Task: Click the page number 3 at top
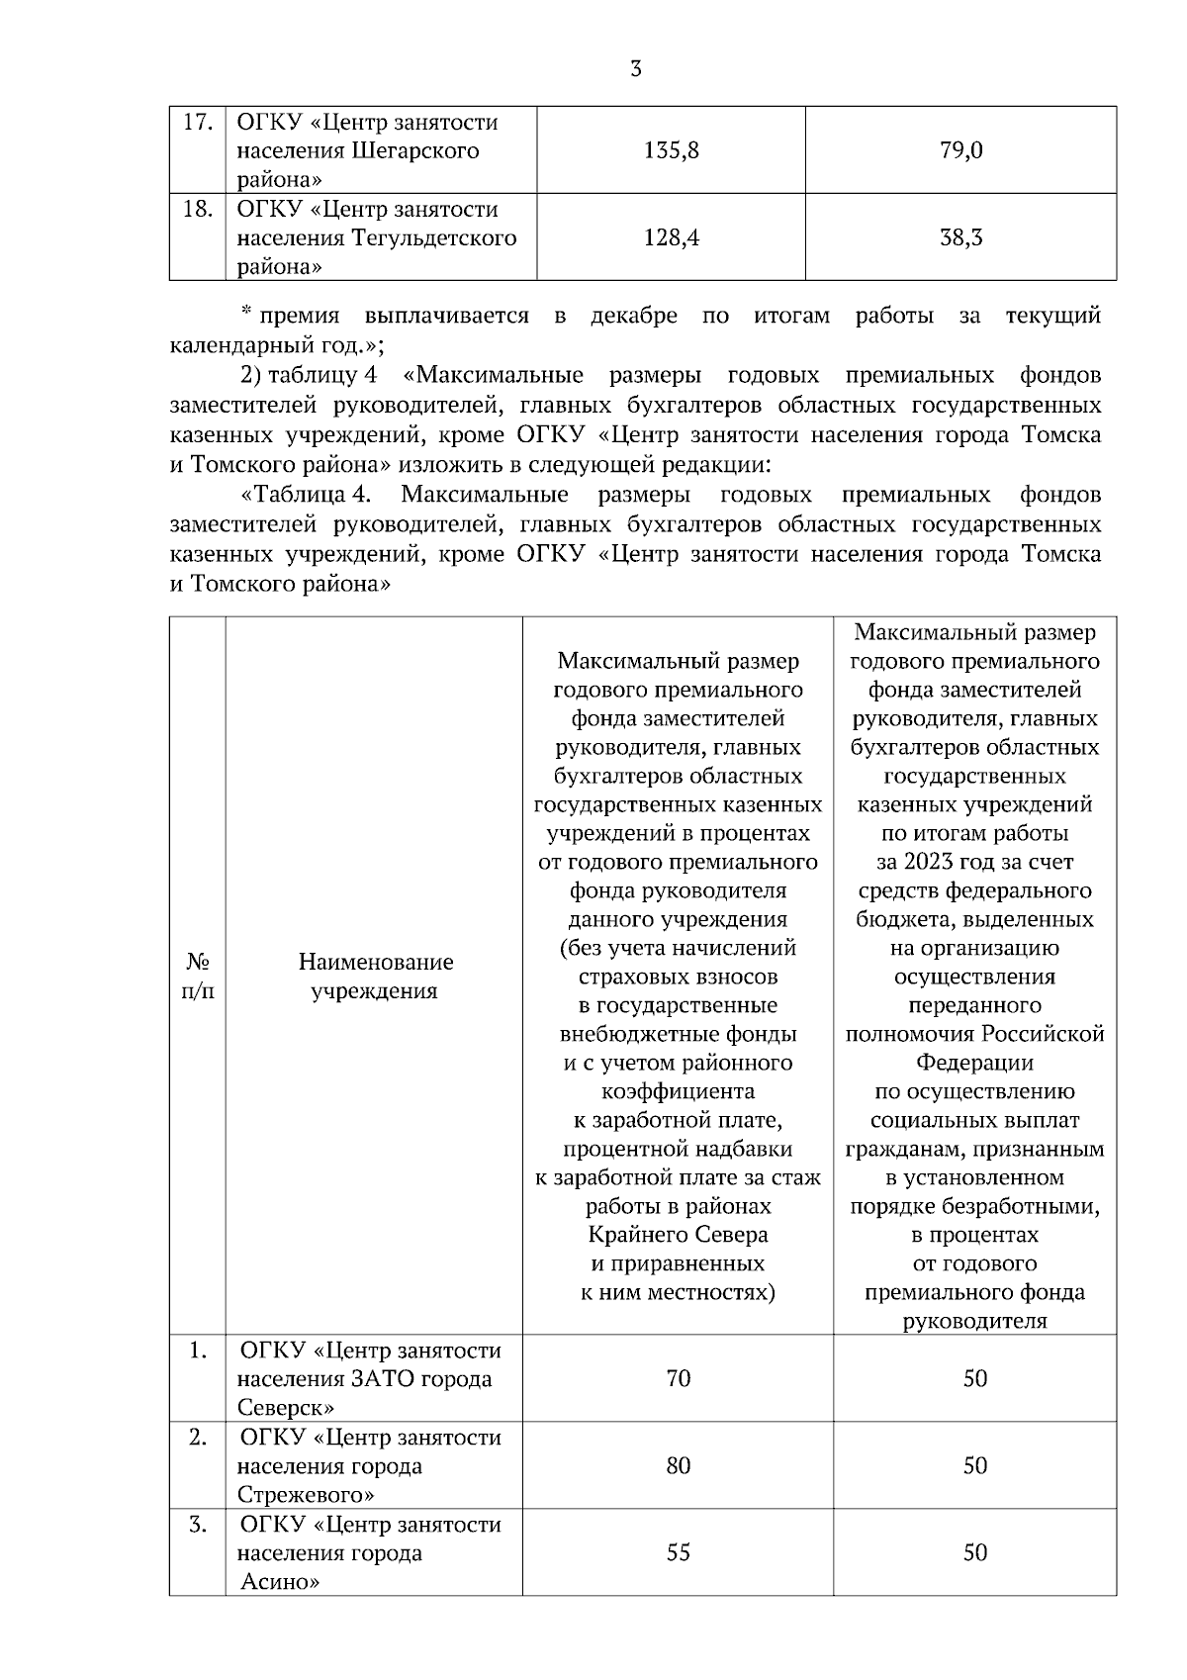(x=635, y=68)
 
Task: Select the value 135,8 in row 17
(x=671, y=151)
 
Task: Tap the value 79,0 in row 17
(x=960, y=151)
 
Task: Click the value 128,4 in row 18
(x=671, y=238)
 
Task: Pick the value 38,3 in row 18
(x=960, y=238)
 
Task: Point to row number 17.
(x=197, y=123)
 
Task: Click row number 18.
(x=197, y=210)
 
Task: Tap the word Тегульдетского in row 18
(x=432, y=238)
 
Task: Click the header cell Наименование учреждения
(x=375, y=976)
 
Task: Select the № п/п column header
(x=198, y=976)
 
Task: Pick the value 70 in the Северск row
(x=678, y=1378)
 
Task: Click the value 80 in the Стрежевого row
(x=678, y=1465)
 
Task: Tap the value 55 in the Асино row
(x=678, y=1552)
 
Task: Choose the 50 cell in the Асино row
(x=974, y=1552)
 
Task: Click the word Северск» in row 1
(x=286, y=1408)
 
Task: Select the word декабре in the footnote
(x=633, y=316)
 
